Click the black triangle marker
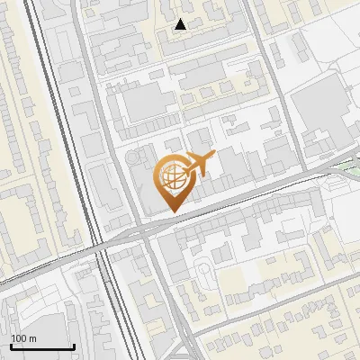coord(181,24)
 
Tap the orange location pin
coord(172,180)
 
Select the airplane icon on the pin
coord(197,165)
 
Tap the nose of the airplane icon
coord(212,157)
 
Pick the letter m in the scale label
coord(32,338)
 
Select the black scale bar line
coord(42,346)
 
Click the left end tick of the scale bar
coord(11,345)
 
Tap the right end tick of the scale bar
coord(74,345)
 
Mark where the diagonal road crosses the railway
coord(102,246)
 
